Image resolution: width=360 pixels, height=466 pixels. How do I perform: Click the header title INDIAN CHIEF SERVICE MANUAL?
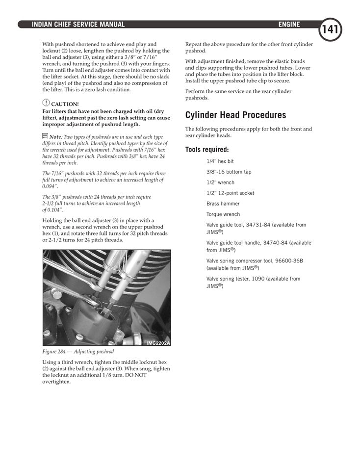point(78,25)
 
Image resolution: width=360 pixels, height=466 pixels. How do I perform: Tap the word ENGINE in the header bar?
point(289,25)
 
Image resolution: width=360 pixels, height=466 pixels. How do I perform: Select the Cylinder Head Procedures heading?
point(235,115)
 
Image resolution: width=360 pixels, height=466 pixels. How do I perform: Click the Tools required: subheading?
point(206,150)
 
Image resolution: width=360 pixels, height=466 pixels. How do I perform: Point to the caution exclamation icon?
point(46,103)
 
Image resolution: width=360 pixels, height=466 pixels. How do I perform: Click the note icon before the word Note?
point(45,136)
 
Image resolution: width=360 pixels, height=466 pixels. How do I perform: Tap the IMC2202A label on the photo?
point(158,342)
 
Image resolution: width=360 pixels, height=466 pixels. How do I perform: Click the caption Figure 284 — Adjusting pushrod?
point(78,352)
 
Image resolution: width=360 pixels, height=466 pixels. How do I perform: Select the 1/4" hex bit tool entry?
point(220,161)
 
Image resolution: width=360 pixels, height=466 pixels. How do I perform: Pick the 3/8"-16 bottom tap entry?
point(229,172)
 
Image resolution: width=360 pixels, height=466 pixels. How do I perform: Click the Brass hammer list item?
point(223,204)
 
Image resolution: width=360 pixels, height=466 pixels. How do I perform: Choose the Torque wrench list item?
point(223,214)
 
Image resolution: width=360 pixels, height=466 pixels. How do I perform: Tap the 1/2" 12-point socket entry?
point(230,193)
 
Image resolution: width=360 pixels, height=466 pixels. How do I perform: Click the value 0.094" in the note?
point(50,186)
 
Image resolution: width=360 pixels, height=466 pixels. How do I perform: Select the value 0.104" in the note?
point(55,210)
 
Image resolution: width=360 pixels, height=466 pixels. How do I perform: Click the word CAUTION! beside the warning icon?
point(65,104)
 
